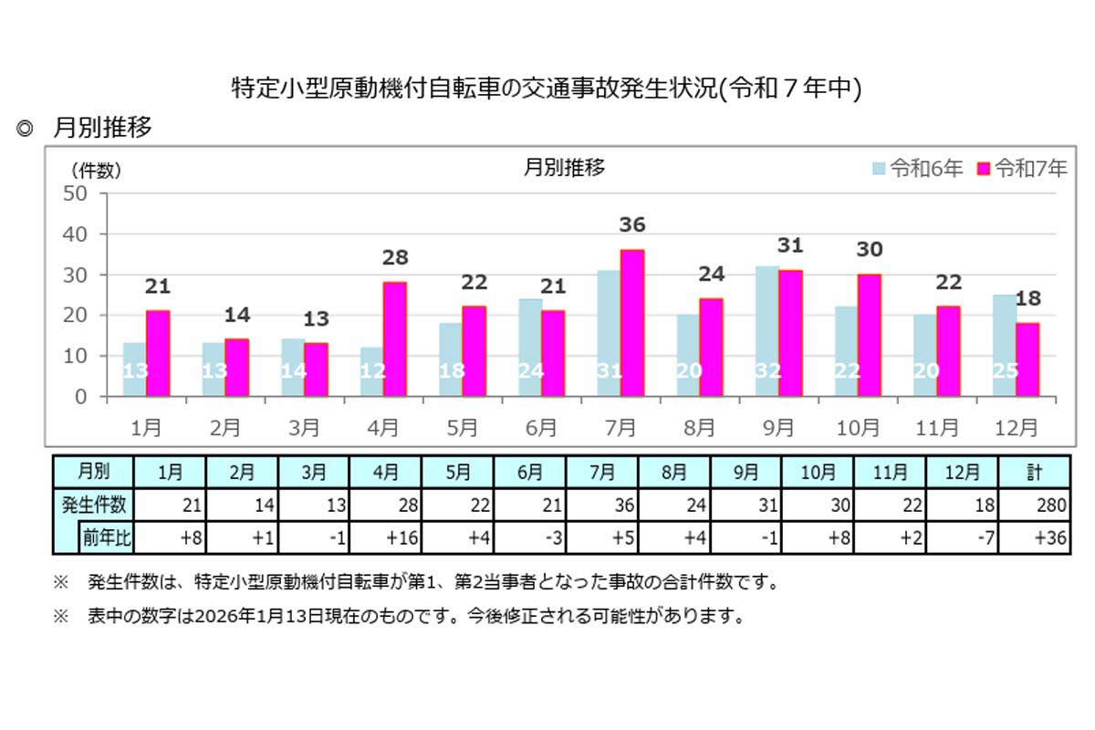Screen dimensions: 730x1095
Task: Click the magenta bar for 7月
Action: [631, 323]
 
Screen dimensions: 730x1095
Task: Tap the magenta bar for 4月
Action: [395, 339]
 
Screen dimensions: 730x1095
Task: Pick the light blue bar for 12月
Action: [1004, 346]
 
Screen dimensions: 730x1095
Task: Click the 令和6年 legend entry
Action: [918, 169]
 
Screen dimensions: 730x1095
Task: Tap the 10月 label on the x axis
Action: [858, 426]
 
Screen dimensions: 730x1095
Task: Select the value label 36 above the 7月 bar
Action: [631, 224]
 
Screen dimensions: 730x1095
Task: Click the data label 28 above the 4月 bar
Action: [395, 257]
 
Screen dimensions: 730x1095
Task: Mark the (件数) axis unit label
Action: [96, 170]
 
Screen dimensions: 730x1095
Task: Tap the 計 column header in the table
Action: [1034, 472]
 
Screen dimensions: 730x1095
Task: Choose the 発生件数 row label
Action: [93, 505]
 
